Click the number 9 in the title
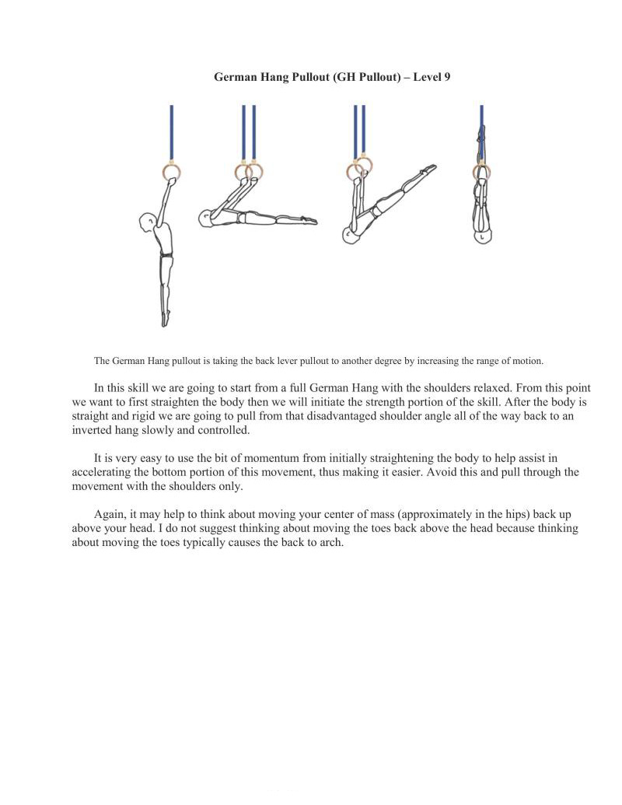point(446,77)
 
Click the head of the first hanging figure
point(148,224)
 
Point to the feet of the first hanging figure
point(165,319)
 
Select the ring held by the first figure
point(171,171)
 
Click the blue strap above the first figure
point(171,132)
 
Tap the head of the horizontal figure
point(205,219)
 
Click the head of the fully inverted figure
point(482,233)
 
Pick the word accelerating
point(104,472)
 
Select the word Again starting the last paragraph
point(110,515)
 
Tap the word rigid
point(133,416)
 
